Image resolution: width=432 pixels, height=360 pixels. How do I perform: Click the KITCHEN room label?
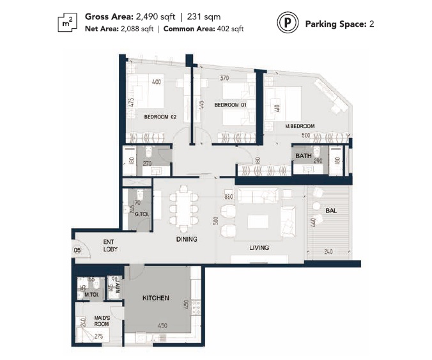tap(156, 298)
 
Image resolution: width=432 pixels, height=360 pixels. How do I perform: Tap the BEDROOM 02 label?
tap(160, 117)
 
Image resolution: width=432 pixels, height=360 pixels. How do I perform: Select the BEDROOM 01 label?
tap(229, 105)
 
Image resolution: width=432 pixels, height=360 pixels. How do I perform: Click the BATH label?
tap(303, 155)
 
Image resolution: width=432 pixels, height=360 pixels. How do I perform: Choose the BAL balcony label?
tap(331, 210)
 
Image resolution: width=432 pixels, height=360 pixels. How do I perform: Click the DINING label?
tap(187, 239)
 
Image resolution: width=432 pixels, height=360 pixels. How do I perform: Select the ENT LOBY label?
tap(112, 246)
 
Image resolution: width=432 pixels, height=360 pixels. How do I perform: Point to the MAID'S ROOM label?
tap(102, 321)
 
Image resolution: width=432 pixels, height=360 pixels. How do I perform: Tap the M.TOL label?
tap(91, 295)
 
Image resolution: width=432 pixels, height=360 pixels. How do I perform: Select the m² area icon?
tap(66, 23)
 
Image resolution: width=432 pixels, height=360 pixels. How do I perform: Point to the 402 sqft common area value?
tap(231, 29)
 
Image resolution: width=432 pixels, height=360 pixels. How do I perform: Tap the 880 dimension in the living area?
tap(228, 198)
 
